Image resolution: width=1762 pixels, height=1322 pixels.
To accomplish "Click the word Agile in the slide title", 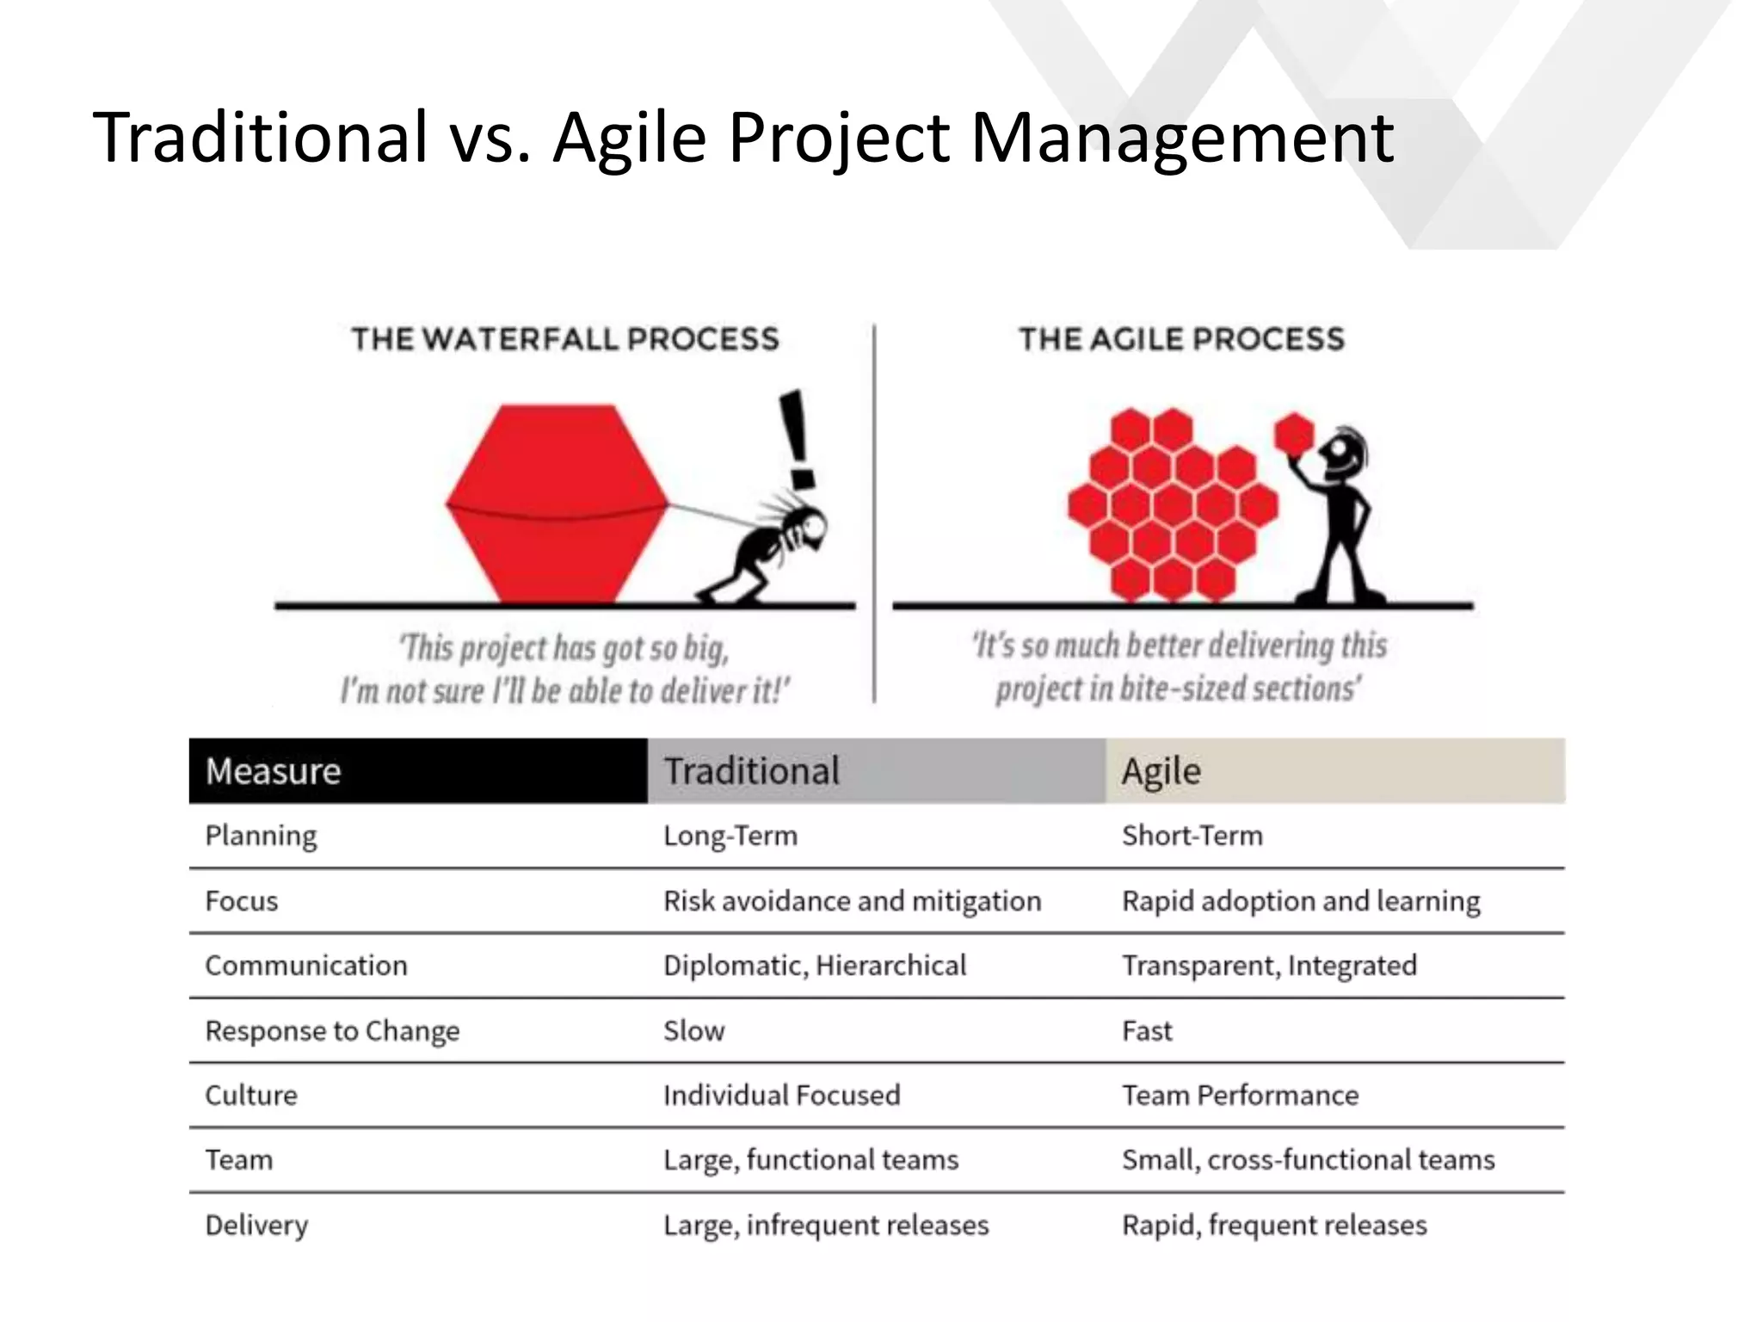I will pos(629,138).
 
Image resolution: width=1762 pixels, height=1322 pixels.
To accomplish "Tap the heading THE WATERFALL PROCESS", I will pos(565,339).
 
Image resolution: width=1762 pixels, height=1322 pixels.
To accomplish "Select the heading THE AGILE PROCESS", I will pos(1181,339).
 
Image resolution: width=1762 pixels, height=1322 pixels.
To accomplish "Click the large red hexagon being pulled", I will pos(558,503).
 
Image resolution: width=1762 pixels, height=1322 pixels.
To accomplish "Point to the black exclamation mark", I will pos(798,439).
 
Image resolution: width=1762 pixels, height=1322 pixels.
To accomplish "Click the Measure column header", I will pos(273,771).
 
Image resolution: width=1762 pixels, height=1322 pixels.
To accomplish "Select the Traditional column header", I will pos(751,771).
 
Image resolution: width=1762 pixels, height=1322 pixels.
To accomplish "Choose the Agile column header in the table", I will pos(1161,771).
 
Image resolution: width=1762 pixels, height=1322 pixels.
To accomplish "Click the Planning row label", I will pos(261,836).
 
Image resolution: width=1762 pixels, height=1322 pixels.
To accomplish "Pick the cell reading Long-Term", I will pos(730,836).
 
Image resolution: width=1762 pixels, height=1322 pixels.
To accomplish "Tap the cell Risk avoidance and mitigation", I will pos(852,901).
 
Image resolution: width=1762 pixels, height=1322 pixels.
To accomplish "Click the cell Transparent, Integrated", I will pos(1269,966).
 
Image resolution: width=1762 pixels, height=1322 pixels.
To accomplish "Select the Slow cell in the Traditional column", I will pos(693,1031).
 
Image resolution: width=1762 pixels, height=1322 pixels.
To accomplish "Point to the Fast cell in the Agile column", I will pos(1147,1031).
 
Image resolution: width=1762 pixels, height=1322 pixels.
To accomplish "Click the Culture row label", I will pos(251,1096).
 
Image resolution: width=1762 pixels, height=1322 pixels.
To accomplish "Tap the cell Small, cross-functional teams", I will pos(1308,1160).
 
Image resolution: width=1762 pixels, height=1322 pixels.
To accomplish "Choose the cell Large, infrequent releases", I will pos(826,1225).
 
